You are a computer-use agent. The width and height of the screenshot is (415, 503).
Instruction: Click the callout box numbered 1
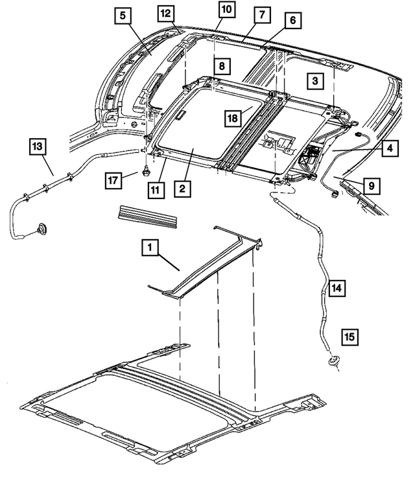[x=150, y=247]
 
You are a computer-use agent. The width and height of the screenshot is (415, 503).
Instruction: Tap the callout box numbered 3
[x=314, y=80]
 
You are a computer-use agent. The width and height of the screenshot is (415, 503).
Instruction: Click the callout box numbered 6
[x=292, y=21]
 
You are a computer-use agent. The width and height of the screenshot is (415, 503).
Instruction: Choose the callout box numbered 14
[x=337, y=285]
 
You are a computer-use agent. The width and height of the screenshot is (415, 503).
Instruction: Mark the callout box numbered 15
[x=349, y=336]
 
